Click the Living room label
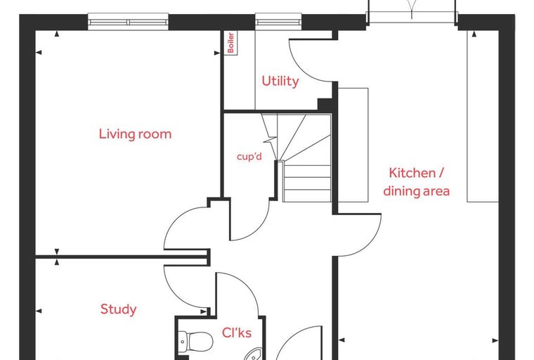[135, 134]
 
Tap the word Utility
[280, 81]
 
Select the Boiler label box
[231, 43]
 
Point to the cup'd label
[249, 157]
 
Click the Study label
[119, 309]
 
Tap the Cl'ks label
[237, 333]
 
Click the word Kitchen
[412, 173]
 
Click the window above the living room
[128, 22]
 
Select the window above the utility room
[278, 22]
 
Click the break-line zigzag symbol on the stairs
[271, 140]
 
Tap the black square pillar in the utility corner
[325, 104]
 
